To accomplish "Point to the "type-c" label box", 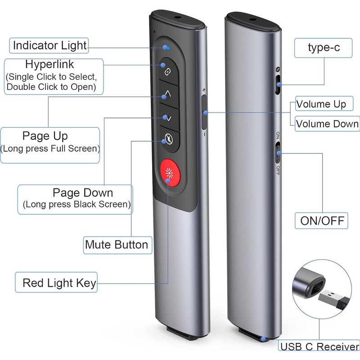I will coord(324,48).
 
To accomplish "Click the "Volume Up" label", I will coord(321,104).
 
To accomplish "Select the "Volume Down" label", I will coord(327,123).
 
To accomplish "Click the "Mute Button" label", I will coord(116,245).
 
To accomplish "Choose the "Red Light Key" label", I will coord(59,283).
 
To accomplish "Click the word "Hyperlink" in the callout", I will coord(49,64).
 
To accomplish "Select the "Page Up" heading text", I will coord(45,135).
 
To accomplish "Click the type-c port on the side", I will coord(278,85).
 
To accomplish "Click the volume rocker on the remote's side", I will coord(204,112).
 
